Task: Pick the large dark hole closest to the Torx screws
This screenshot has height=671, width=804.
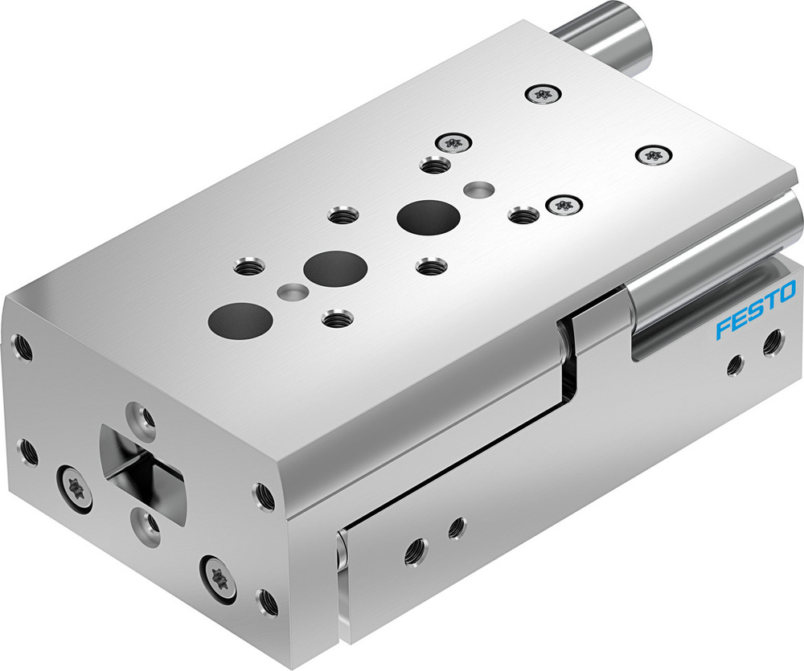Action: click(x=429, y=216)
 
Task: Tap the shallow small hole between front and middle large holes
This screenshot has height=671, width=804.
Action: click(x=292, y=290)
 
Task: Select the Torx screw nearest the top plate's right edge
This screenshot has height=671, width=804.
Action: click(x=650, y=154)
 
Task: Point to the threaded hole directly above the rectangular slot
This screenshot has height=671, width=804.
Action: click(x=146, y=416)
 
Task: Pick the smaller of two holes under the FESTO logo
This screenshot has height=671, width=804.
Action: click(x=733, y=365)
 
